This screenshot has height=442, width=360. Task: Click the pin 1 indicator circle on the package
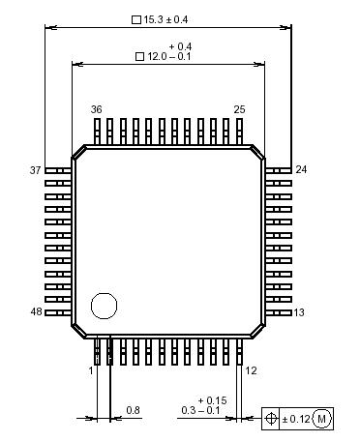[103, 307]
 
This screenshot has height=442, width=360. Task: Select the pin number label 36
[96, 110]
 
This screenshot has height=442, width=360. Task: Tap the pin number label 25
[239, 110]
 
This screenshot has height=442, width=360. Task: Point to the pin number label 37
[36, 170]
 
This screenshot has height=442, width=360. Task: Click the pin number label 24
[301, 170]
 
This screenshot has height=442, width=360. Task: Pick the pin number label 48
[36, 312]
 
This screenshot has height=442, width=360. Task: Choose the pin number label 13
[300, 312]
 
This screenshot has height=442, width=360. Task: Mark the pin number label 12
[251, 370]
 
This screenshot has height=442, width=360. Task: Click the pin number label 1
[91, 370]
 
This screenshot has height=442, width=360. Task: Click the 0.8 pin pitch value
[133, 411]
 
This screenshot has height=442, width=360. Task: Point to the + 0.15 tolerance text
[212, 400]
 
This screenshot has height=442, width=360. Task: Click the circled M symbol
[322, 418]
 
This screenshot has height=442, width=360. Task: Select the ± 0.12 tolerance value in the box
[297, 418]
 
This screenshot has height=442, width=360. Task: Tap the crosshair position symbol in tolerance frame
[272, 418]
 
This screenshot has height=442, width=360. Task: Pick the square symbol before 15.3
[135, 19]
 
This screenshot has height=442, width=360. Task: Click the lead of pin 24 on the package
[279, 170]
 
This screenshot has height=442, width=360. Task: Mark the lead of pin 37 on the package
[57, 170]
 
